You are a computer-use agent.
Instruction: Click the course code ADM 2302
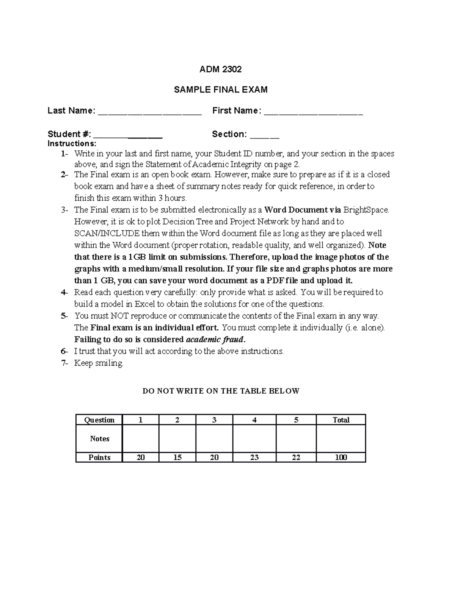pos(220,69)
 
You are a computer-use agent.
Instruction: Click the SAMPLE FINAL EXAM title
pos(220,90)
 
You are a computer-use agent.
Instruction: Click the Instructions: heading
pos(72,144)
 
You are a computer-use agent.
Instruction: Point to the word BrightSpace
pos(366,210)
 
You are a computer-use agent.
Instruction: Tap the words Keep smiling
pos(99,363)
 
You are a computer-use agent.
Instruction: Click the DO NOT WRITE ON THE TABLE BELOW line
pos(221,391)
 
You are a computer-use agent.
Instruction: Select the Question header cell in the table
pos(99,420)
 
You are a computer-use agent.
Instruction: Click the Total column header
pos(341,420)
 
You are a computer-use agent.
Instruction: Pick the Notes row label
pos(99,438)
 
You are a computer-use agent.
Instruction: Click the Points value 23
pos(254,457)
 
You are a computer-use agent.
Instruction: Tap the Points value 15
pos(177,457)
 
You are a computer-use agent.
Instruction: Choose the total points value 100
pos(341,457)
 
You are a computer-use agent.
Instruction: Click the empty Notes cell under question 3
pos(214,438)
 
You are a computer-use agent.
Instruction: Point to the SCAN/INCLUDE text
pos(107,233)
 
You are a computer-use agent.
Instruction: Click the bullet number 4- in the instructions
pos(64,292)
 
